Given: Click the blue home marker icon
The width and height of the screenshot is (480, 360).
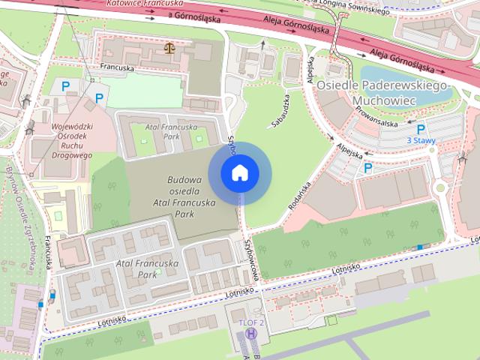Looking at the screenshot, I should pyautogui.click(x=239, y=173).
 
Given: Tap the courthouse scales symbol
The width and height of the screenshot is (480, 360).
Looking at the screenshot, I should pyautogui.click(x=168, y=49).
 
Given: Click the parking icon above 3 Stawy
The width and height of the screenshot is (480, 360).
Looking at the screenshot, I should pyautogui.click(x=420, y=129).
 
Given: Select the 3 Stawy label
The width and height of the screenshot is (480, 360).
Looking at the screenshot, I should pyautogui.click(x=420, y=140).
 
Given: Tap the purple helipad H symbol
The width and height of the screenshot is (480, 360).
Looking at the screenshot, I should pyautogui.click(x=251, y=334).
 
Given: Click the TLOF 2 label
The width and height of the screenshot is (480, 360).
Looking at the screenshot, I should pyautogui.click(x=251, y=322).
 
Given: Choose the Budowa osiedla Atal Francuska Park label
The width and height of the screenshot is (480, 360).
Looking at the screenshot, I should pyautogui.click(x=175, y=196).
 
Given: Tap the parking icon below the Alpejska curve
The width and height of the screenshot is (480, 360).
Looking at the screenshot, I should pyautogui.click(x=368, y=169).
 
